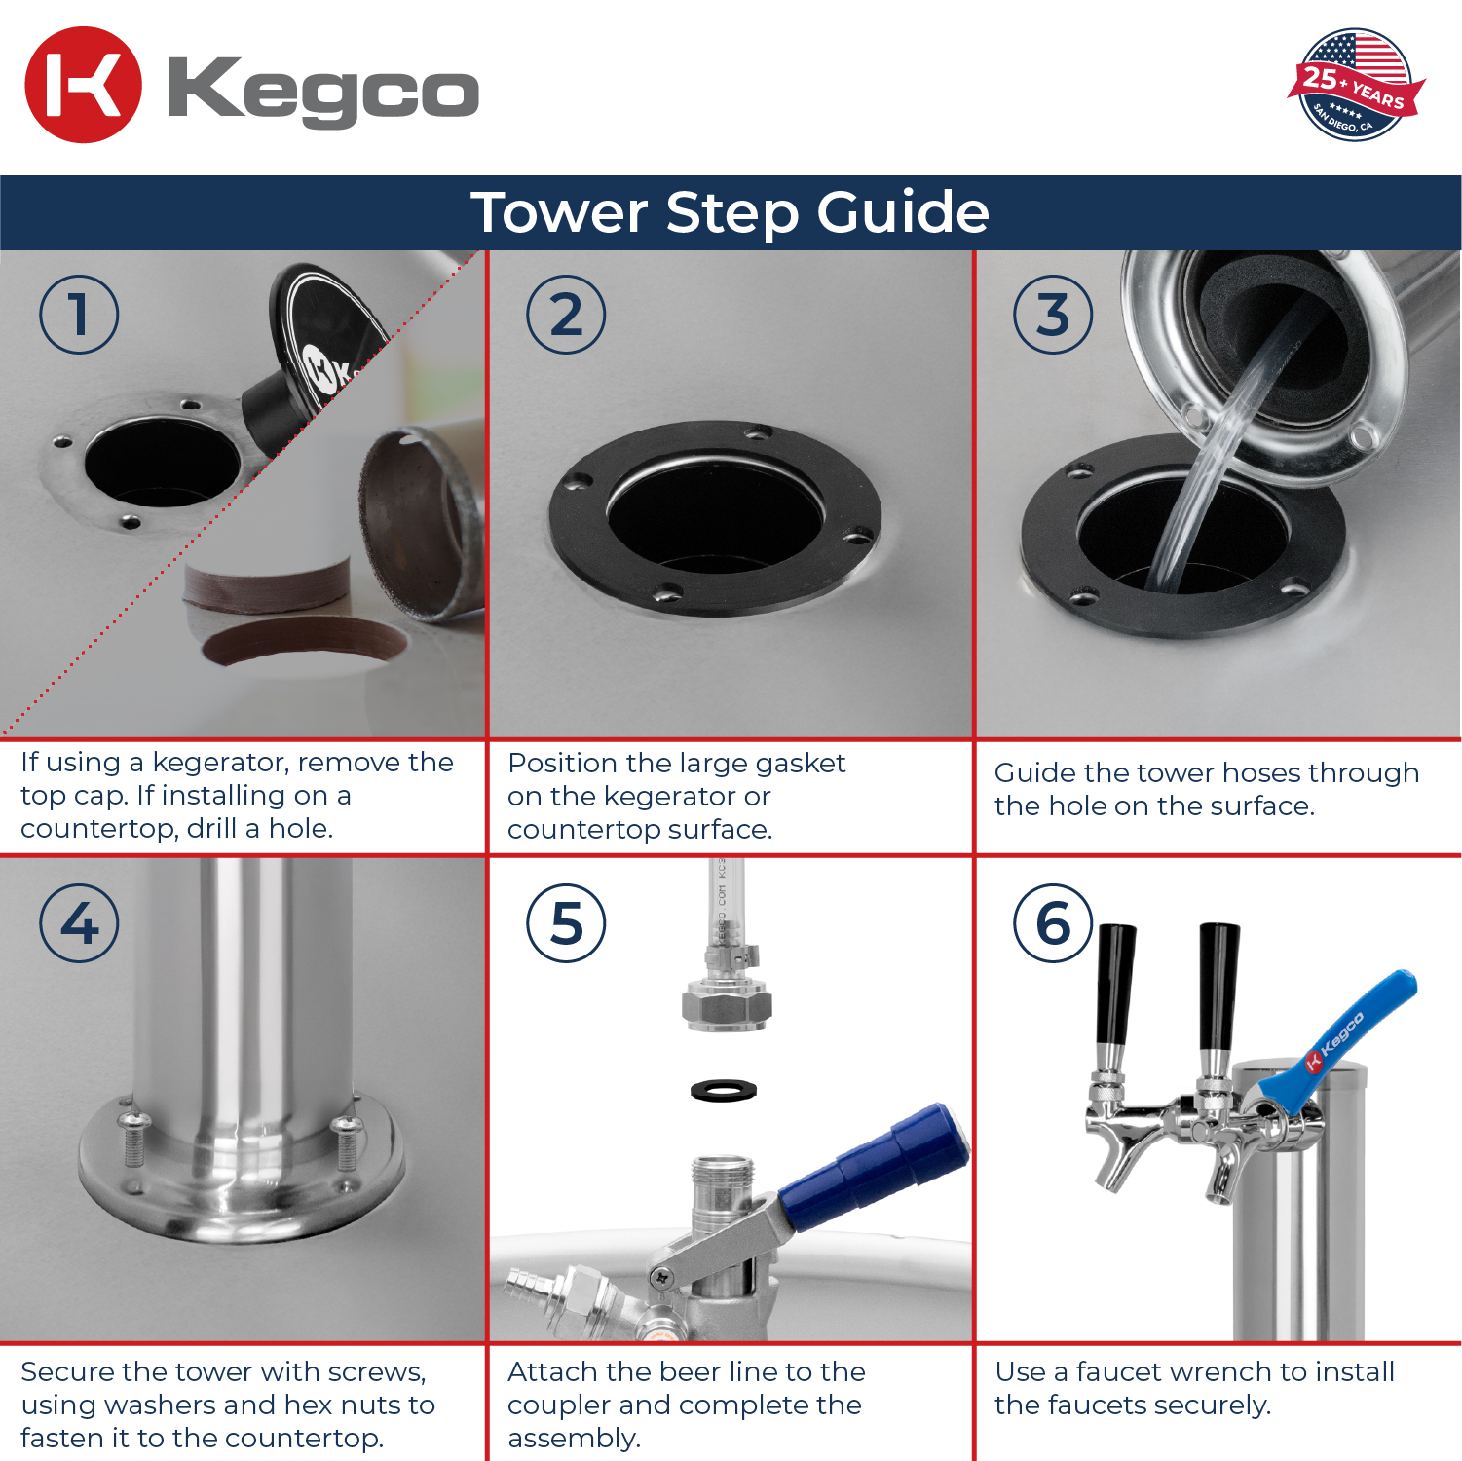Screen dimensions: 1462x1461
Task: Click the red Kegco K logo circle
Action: pos(83,85)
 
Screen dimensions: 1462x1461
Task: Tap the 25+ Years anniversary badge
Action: pos(1356,85)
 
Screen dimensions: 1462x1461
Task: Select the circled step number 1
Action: pos(79,315)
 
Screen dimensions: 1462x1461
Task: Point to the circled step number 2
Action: pos(566,315)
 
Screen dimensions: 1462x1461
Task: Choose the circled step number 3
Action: pos(1053,315)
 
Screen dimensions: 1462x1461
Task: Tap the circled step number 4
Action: pos(79,923)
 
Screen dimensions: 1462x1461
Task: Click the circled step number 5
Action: pos(566,923)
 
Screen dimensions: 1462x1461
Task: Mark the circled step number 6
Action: pos(1053,923)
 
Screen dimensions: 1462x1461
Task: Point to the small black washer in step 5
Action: pos(724,1090)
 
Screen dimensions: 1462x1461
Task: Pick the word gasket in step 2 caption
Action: pos(800,764)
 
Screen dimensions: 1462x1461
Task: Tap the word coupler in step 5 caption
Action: pos(558,1406)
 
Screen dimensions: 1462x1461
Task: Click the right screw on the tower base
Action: pos(346,1143)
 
